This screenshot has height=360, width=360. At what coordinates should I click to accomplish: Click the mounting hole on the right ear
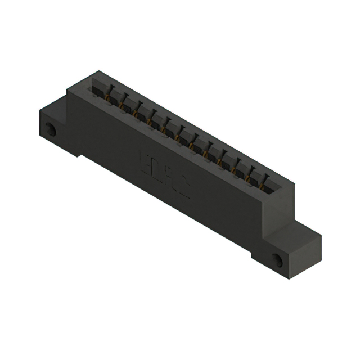277,259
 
